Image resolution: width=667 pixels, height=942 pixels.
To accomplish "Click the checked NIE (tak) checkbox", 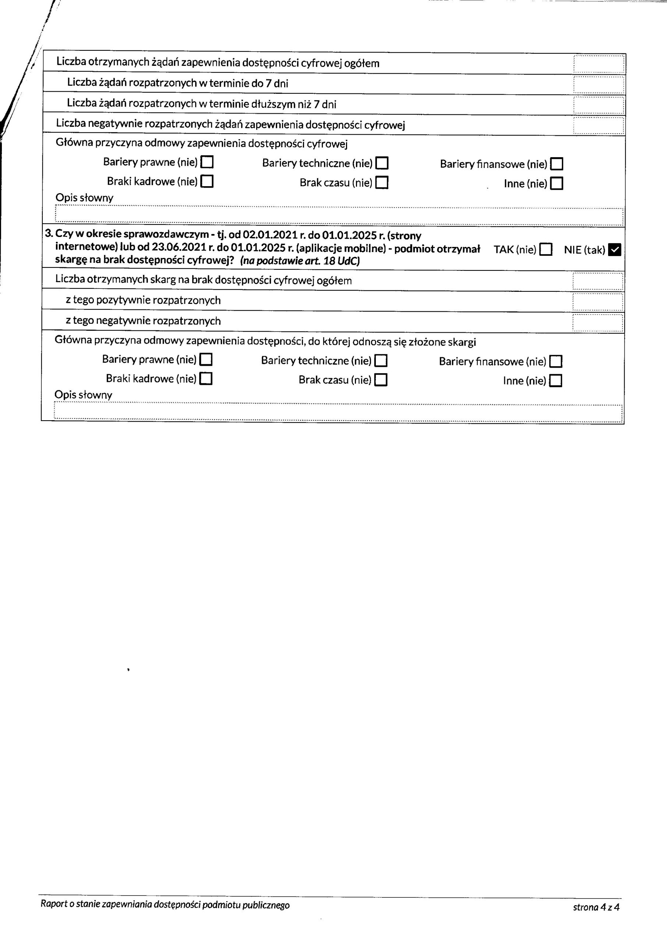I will (614, 249).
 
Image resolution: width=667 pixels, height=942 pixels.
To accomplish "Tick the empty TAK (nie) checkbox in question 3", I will (546, 249).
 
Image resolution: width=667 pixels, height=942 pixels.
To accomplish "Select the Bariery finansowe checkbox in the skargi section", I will (556, 362).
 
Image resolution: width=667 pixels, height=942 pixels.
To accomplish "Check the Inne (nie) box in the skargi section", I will (556, 381).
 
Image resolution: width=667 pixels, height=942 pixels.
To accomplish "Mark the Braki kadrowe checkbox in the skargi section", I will (206, 378).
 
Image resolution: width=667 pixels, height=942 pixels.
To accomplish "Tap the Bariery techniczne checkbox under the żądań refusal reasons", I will (382, 163).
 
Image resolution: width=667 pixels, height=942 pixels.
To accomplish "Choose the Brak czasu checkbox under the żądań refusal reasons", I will (382, 182).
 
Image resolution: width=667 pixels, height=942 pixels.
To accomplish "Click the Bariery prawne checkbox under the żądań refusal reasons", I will (207, 162).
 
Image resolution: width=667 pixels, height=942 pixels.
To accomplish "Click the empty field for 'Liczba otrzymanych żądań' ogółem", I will (599, 64).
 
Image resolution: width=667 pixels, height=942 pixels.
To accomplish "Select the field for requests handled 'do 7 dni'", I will (599, 84).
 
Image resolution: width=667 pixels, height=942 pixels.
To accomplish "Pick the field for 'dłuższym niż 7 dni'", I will (599, 105).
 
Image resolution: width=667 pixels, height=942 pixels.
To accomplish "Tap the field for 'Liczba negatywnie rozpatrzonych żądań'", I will (599, 125).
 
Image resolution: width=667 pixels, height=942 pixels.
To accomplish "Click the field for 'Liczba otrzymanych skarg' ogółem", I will (597, 281).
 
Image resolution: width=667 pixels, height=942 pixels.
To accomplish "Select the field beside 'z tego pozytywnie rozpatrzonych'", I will (597, 302).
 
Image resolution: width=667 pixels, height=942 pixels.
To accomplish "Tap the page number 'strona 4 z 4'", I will (596, 907).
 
